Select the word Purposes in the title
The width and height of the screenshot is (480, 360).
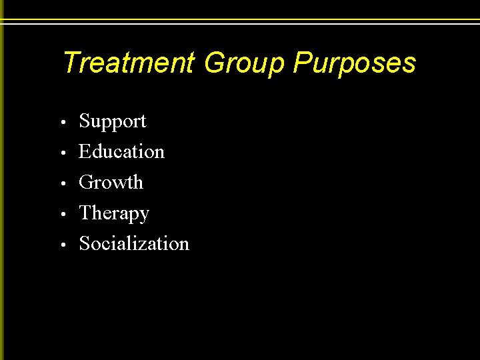point(354,63)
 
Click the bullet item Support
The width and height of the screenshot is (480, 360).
point(112,122)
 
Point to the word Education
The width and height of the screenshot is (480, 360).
point(121,152)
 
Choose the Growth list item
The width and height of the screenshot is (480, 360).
point(111,183)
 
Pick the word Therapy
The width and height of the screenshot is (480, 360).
point(113,213)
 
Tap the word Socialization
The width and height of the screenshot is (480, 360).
point(133,244)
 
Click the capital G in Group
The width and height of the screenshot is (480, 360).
point(215,63)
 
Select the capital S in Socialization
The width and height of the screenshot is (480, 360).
point(84,244)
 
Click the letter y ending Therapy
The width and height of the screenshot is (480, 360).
point(144,215)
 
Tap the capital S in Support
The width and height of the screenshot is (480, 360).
point(84,122)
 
